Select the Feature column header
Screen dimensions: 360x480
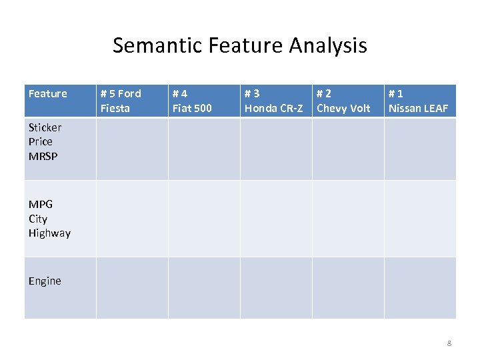(48, 94)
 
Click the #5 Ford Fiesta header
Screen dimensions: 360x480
(121, 101)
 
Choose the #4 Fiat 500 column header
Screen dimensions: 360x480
(192, 101)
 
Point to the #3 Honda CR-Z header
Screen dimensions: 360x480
(273, 101)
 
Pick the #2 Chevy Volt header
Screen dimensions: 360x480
(343, 101)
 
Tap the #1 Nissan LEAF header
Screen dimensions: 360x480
(419, 101)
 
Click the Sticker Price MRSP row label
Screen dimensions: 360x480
(45, 141)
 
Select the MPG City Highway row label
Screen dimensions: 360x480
(49, 219)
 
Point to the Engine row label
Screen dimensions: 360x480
(45, 281)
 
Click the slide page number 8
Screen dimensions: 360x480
(449, 343)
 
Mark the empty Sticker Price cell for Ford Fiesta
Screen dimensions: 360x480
(132, 149)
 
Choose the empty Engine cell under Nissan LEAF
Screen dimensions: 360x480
(420, 288)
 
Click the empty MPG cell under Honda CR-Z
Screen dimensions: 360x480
(276, 219)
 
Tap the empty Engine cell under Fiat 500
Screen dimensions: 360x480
(204, 288)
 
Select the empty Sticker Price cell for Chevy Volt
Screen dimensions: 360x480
(348, 149)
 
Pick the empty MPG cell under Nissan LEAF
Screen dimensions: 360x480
(420, 219)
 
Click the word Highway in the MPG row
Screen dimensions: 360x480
(49, 233)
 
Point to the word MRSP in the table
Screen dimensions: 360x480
(43, 156)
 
